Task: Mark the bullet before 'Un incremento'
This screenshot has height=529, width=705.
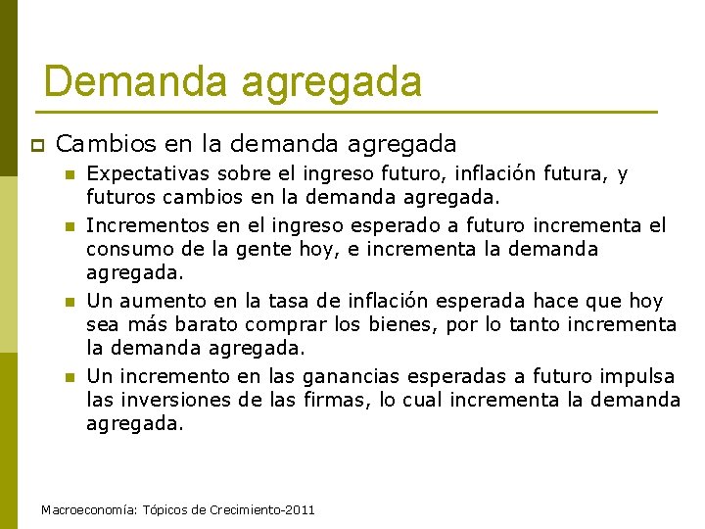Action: [x=69, y=377]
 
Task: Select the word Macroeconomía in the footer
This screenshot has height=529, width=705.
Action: [x=91, y=511]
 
